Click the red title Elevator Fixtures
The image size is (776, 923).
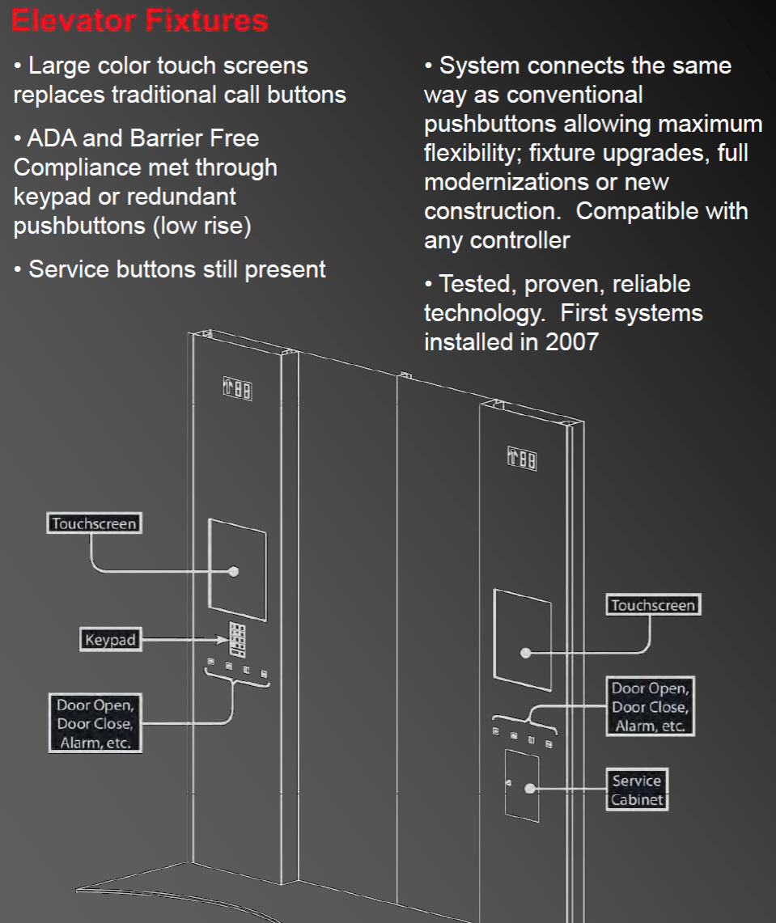coord(139,20)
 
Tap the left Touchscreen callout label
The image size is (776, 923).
coord(94,523)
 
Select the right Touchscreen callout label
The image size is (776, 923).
coord(653,604)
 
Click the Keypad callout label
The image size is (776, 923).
coord(111,639)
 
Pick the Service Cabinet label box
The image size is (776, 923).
coord(637,790)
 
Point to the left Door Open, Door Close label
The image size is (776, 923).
coord(95,723)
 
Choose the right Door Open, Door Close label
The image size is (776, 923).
coord(650,706)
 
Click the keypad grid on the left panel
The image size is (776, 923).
coord(237,640)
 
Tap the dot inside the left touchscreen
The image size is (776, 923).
coord(234,571)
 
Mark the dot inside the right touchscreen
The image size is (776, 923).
coord(526,652)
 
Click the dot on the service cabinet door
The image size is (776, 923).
coord(530,788)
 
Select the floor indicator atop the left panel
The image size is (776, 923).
coord(237,389)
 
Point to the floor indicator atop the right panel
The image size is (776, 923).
coord(522,459)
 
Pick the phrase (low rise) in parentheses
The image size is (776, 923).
coord(202,226)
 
